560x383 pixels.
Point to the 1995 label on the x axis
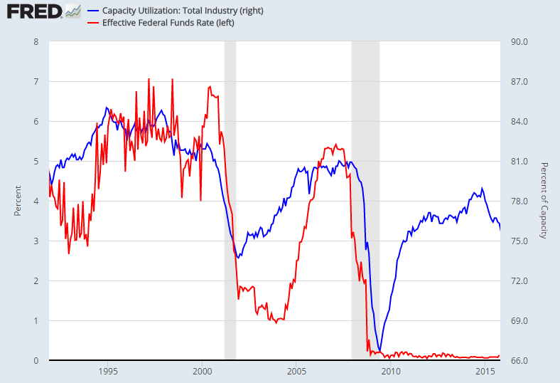(x=108, y=372)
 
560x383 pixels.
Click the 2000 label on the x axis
(x=202, y=372)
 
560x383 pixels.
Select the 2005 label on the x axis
(x=296, y=372)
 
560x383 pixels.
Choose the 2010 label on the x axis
(x=390, y=372)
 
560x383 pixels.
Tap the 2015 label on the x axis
(x=485, y=372)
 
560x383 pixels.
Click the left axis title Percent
(x=18, y=201)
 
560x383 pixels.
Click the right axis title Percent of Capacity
(x=544, y=201)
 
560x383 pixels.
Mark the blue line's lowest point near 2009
(x=379, y=351)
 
